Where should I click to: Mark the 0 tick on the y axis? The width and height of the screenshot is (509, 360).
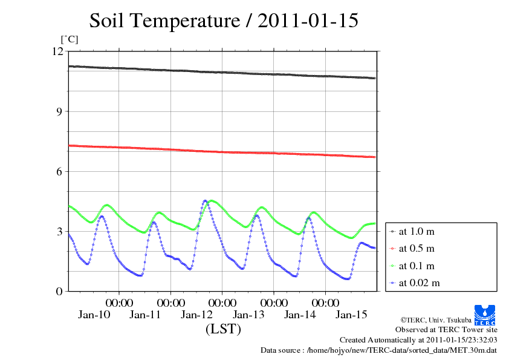click(59, 291)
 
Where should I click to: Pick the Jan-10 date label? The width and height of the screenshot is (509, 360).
click(95, 315)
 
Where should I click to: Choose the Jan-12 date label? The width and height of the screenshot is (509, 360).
click(198, 315)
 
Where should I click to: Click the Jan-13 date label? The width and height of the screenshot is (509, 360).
click(249, 315)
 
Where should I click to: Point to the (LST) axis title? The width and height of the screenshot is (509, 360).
click(224, 330)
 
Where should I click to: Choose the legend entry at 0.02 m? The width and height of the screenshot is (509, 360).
click(418, 283)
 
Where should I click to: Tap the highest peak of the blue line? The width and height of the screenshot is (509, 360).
click(206, 200)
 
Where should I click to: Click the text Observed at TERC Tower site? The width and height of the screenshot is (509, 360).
click(446, 330)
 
